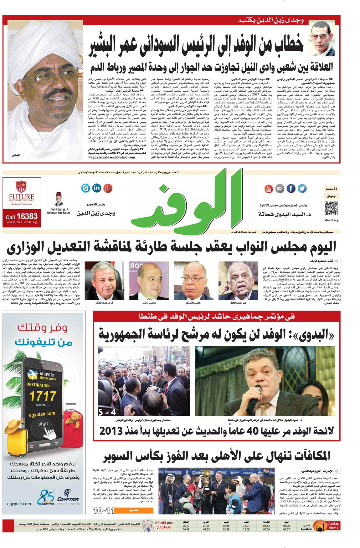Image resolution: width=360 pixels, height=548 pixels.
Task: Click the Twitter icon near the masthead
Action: coord(302,189)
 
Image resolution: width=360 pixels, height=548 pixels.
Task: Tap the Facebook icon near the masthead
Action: coord(291,189)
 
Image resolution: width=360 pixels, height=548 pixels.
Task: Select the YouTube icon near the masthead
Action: coord(269,189)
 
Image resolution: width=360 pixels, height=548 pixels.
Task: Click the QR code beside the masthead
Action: coord(331,208)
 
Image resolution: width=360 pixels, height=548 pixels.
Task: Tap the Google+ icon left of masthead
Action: coord(108,188)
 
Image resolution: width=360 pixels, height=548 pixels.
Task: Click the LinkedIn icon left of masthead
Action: coord(97,188)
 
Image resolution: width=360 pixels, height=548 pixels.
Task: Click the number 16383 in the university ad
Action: coord(27,216)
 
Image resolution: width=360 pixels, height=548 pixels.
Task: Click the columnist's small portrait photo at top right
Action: coord(321,38)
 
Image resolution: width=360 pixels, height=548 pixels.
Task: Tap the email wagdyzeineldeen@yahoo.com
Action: coord(111,157)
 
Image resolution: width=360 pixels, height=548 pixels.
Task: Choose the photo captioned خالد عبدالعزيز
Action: coord(104,281)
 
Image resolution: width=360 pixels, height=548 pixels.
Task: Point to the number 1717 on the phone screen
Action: coord(43,396)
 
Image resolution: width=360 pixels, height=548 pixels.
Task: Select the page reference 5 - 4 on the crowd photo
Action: coord(107,412)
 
